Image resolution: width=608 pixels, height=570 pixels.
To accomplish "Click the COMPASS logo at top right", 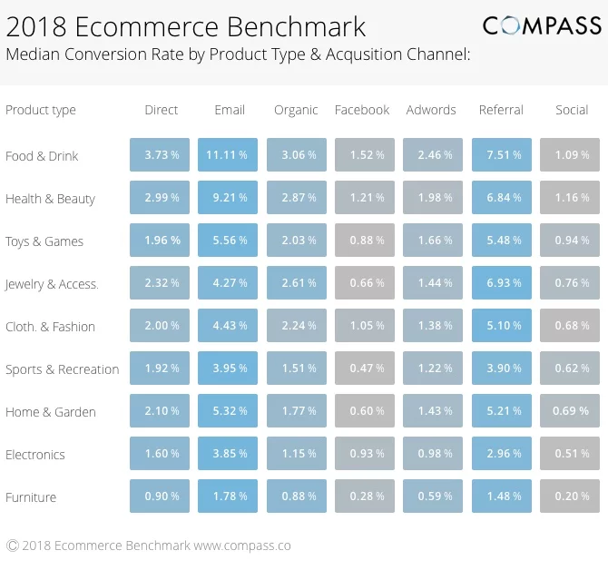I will coord(542,25).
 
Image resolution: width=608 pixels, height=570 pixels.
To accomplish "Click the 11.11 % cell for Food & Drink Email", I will coord(227,155).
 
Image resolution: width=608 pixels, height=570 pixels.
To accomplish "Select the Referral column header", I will coord(501,110).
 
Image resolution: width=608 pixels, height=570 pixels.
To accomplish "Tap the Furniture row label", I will coord(31,497).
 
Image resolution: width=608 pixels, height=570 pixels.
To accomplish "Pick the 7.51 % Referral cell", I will coord(502,155).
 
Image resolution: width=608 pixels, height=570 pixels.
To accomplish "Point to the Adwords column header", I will coord(431,110).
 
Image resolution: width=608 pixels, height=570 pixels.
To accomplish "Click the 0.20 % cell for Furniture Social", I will coord(571,496).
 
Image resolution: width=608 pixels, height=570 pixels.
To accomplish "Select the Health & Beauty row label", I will coord(50,199).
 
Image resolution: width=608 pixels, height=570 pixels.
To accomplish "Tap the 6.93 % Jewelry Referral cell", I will coord(502,283).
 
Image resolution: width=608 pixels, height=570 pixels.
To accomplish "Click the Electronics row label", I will coord(35,455).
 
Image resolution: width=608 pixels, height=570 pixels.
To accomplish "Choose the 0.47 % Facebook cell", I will coord(365,369).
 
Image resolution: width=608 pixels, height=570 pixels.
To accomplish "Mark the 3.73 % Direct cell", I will coord(160,155).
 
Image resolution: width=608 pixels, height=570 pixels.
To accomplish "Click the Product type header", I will coord(41,110).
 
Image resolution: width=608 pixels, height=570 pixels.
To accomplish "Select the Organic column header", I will coord(296,110).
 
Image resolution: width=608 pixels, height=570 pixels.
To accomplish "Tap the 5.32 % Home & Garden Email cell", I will coord(227,411).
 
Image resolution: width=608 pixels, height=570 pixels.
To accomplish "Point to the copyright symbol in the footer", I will coord(13,545).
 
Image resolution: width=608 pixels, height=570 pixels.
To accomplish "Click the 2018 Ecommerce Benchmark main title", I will coord(186,25).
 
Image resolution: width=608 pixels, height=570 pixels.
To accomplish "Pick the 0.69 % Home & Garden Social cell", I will coord(571,411).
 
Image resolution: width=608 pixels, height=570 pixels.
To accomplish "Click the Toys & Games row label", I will coord(44,241).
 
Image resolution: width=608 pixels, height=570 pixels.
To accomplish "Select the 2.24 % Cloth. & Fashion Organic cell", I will coord(297,326).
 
